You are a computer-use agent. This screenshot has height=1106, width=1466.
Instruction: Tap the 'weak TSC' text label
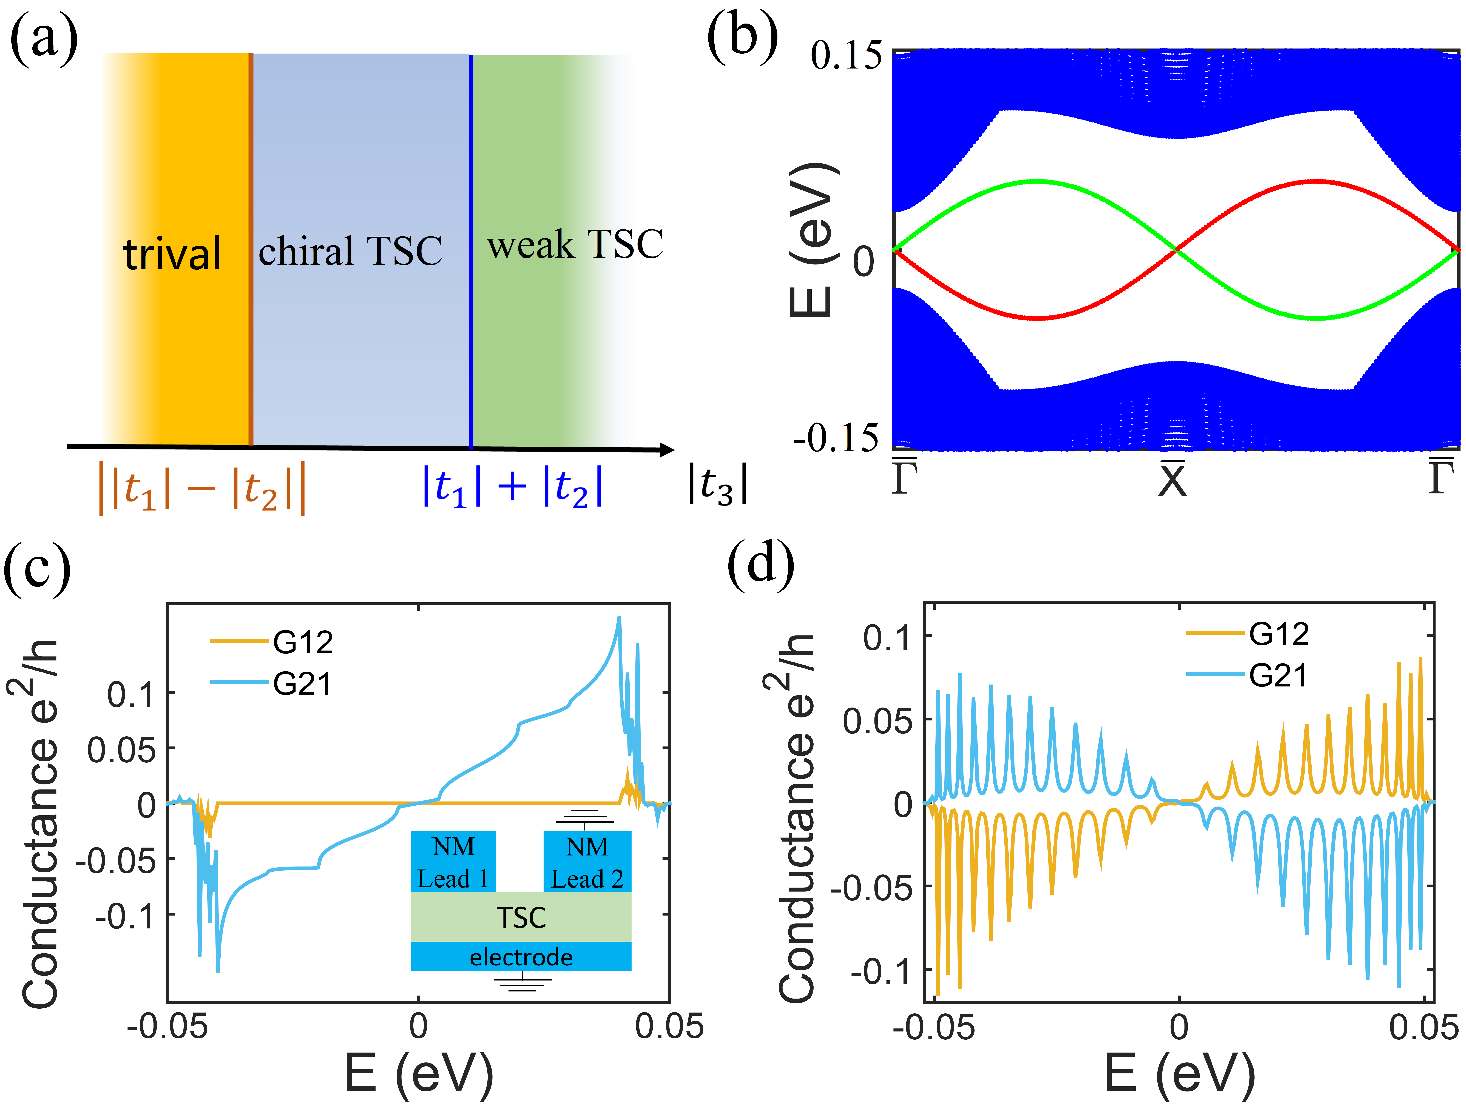point(575,244)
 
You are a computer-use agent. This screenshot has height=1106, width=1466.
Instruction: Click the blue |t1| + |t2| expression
point(512,486)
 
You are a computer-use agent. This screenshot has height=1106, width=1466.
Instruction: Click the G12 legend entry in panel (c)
point(302,642)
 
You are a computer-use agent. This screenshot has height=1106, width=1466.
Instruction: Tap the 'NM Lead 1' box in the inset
point(453,862)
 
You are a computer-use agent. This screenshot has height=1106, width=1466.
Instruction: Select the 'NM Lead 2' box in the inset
point(587,862)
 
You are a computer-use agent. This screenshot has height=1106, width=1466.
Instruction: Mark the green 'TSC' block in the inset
point(521,917)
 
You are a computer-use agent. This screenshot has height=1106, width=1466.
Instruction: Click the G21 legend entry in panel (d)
point(1278,675)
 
